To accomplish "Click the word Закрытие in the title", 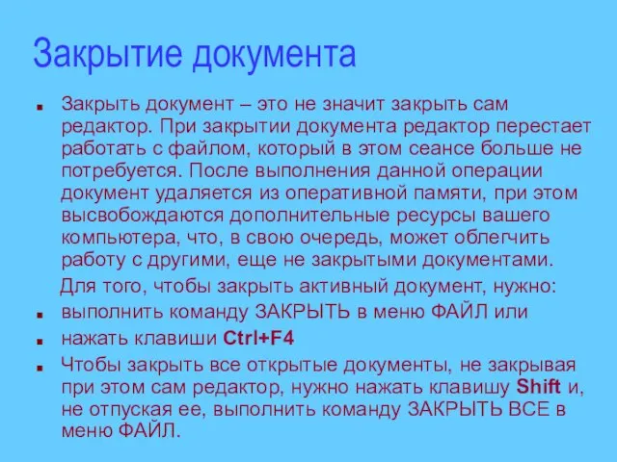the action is pyautogui.click(x=107, y=54).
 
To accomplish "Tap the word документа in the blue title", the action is pyautogui.click(x=274, y=54).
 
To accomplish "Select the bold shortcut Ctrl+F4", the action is pyautogui.click(x=258, y=338).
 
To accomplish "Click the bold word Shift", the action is pyautogui.click(x=538, y=387).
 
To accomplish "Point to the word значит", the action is pyautogui.click(x=354, y=104).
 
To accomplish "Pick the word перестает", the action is pyautogui.click(x=544, y=127).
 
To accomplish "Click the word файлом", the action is pyautogui.click(x=209, y=148).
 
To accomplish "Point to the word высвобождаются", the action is pyautogui.click(x=142, y=216).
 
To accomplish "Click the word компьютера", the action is pyautogui.click(x=120, y=238).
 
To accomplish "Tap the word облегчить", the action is pyautogui.click(x=501, y=238).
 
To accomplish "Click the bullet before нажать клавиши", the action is pyautogui.click(x=40, y=341).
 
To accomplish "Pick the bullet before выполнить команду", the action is pyautogui.click(x=40, y=315).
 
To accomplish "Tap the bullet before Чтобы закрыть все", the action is pyautogui.click(x=40, y=368).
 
